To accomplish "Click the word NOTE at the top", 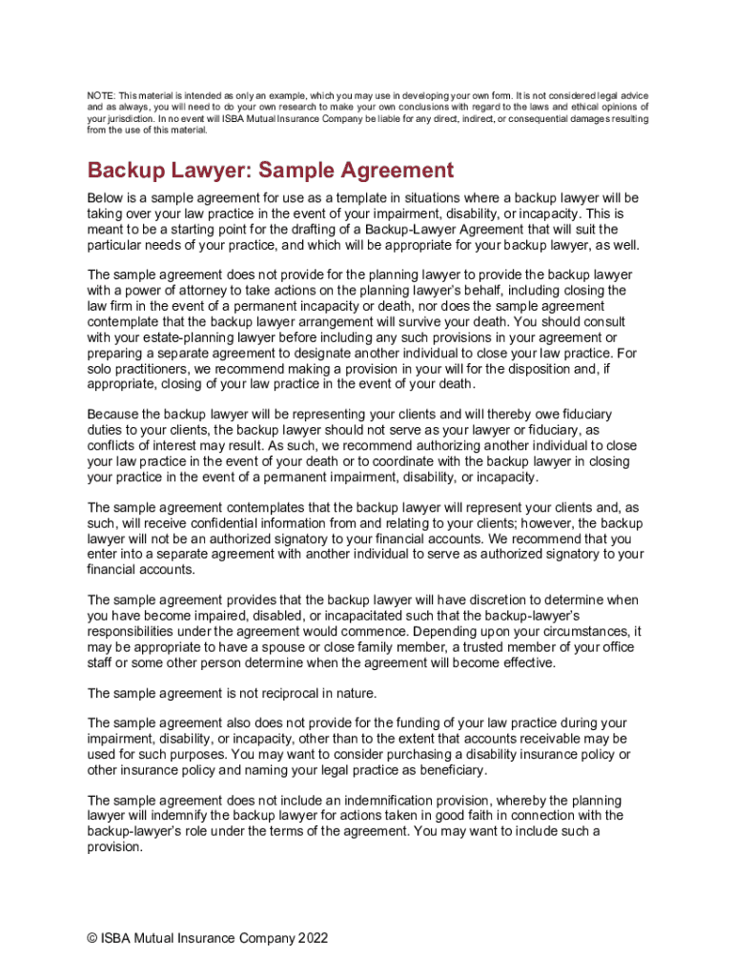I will [99, 96].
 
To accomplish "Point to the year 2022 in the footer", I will [313, 938].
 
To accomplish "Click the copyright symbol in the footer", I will [92, 938].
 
